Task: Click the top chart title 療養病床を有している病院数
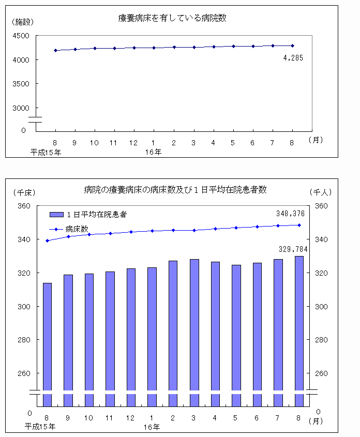click(173, 18)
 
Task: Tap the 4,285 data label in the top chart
click(293, 58)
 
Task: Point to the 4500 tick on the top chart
click(24, 36)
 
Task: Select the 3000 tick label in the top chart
click(24, 108)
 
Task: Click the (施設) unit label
click(21, 22)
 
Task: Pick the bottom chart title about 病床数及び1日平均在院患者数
click(175, 189)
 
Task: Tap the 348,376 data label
click(290, 213)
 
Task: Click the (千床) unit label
click(23, 192)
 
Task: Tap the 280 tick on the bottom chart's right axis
click(321, 340)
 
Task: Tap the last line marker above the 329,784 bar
click(299, 225)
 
